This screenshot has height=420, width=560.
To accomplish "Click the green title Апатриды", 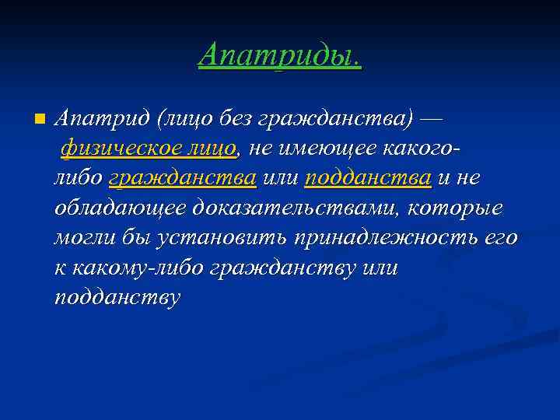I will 280,55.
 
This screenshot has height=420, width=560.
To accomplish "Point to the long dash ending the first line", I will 431,118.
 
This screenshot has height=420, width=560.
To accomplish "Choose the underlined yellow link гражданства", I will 183,177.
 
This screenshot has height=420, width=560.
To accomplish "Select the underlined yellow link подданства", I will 368,177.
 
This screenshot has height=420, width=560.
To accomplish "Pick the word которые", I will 464,208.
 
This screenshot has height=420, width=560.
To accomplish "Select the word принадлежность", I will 375,237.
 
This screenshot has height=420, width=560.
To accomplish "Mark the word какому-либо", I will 137,268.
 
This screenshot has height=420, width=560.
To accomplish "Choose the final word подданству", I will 117,297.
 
